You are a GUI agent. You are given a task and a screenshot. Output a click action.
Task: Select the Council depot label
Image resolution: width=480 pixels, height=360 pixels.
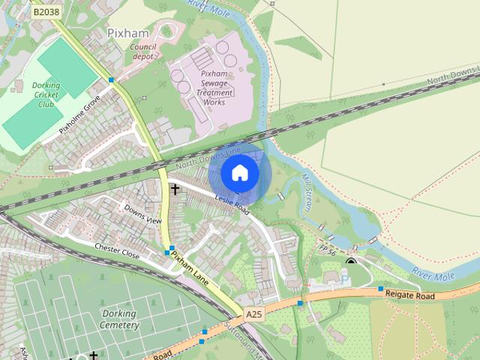click(x=142, y=51)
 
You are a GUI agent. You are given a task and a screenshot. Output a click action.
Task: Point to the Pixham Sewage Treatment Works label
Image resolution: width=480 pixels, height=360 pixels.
click(x=214, y=87)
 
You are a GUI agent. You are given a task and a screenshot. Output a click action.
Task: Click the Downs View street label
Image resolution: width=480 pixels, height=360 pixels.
click(x=142, y=215)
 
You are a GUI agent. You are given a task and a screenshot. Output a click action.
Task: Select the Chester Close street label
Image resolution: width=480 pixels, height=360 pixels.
click(x=117, y=251)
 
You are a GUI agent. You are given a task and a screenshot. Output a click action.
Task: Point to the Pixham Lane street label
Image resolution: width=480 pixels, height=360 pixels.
click(x=188, y=265)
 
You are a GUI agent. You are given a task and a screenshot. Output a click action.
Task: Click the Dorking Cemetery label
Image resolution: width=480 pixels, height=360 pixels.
click(x=119, y=319)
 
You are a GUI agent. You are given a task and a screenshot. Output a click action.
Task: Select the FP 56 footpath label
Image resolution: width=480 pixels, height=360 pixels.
click(x=327, y=248)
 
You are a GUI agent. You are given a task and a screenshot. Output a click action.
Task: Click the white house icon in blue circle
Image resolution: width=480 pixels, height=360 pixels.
click(x=239, y=173)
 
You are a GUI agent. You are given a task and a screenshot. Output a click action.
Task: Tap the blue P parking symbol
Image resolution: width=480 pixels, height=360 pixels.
click(x=345, y=279)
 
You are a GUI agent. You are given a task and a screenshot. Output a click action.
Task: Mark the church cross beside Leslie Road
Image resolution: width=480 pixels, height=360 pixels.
click(x=175, y=190)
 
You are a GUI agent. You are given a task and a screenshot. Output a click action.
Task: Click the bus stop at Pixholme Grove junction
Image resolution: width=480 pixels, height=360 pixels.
click(x=111, y=79)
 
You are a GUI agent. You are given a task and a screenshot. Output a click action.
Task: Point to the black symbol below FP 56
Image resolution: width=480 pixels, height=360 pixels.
click(x=351, y=260)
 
